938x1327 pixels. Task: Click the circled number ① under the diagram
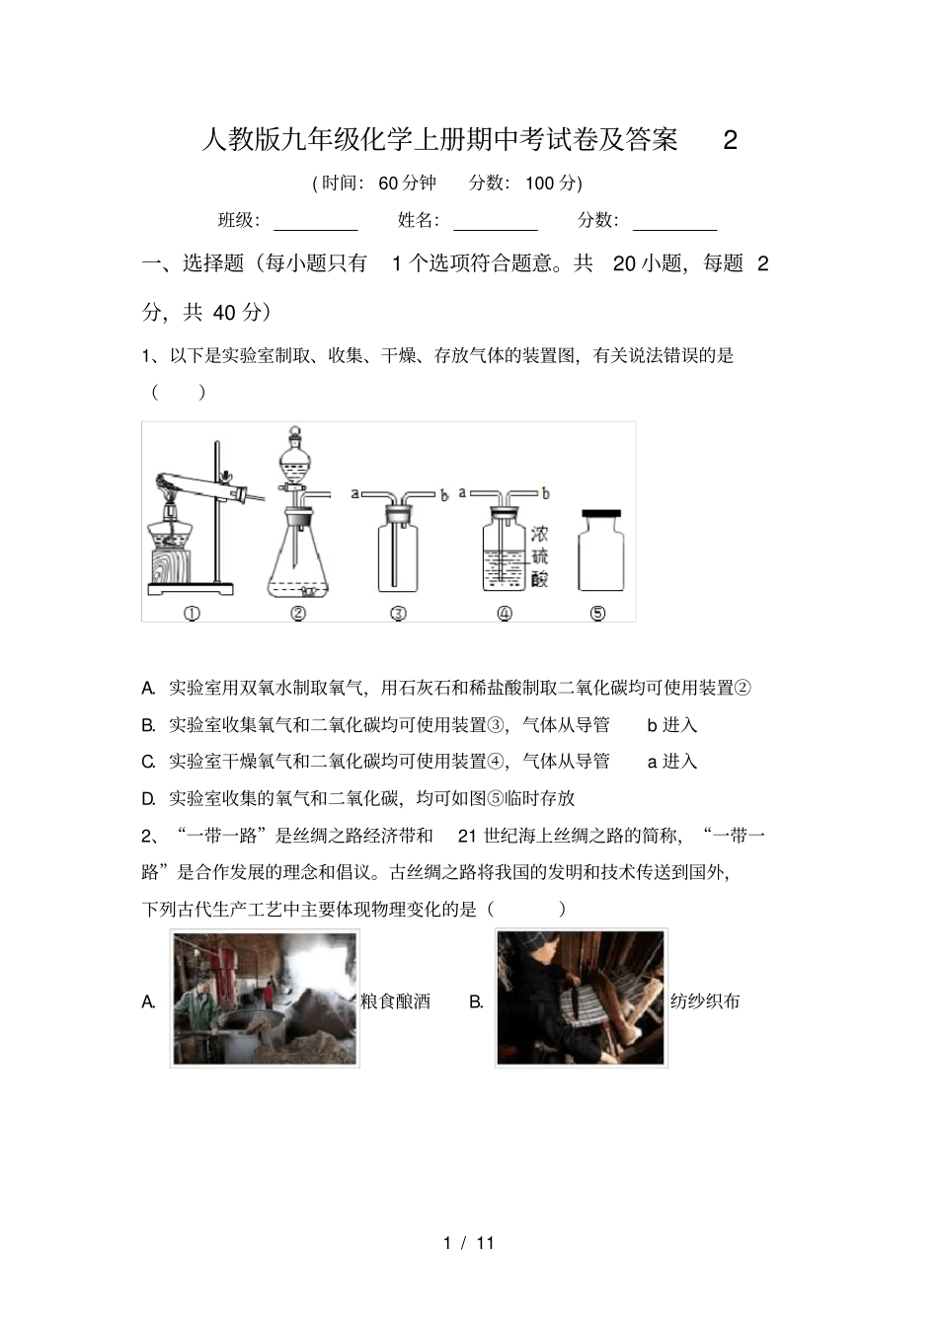coord(193,613)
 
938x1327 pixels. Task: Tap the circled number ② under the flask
coord(298,613)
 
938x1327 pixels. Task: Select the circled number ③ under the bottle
coord(398,613)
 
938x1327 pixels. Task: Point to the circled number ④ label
coord(505,613)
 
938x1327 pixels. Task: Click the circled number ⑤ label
coord(597,613)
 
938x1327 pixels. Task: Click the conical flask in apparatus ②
coord(297,562)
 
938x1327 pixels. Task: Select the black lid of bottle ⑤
coord(601,513)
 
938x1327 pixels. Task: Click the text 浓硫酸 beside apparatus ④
coord(539,556)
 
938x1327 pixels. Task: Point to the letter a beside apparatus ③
coord(354,493)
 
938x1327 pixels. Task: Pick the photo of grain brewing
coord(265,998)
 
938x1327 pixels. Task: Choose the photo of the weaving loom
coord(581,998)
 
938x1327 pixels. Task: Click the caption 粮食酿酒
coord(395,1001)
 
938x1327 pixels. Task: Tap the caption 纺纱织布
coord(705,1001)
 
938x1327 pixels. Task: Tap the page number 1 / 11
coord(469,1243)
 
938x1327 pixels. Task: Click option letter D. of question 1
coord(149,798)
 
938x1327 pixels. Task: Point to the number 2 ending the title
coord(731,140)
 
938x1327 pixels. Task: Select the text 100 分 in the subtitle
coord(553,183)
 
